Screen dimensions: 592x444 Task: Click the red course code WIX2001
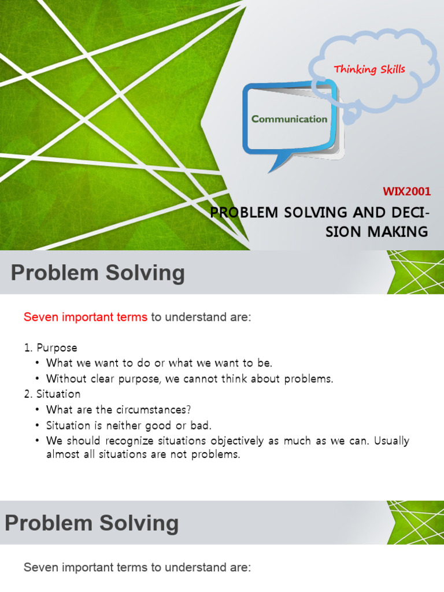tap(407, 192)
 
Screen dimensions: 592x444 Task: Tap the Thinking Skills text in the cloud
tap(369, 69)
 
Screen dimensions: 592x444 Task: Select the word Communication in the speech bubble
tap(289, 119)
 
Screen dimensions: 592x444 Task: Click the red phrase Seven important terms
tap(85, 317)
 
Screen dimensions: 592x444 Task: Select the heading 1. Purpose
tap(50, 348)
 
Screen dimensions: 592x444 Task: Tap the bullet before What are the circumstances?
tap(38, 410)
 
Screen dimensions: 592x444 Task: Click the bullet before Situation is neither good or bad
tap(38, 425)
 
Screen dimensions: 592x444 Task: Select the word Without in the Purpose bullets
tap(65, 379)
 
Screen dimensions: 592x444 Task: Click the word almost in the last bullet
tap(62, 454)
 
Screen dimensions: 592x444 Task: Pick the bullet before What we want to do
tap(38, 364)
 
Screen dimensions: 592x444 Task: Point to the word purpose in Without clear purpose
tap(157, 379)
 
